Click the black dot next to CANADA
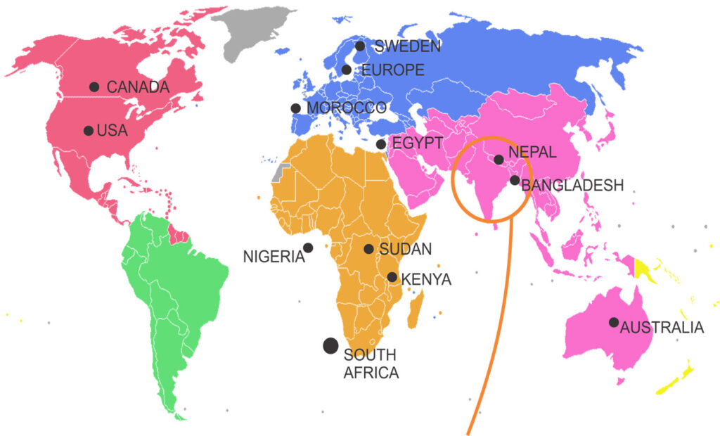94,86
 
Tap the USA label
112,131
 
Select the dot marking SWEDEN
360,46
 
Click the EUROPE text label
392,70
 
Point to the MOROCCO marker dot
295,108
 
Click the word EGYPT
417,143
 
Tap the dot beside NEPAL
499,160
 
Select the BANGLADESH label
573,185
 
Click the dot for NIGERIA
308,248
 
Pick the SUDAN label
405,249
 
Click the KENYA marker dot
392,278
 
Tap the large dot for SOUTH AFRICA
330,345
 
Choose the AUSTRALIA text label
662,327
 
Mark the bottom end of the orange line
468,430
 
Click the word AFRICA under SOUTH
371,372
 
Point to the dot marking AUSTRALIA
614,322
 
